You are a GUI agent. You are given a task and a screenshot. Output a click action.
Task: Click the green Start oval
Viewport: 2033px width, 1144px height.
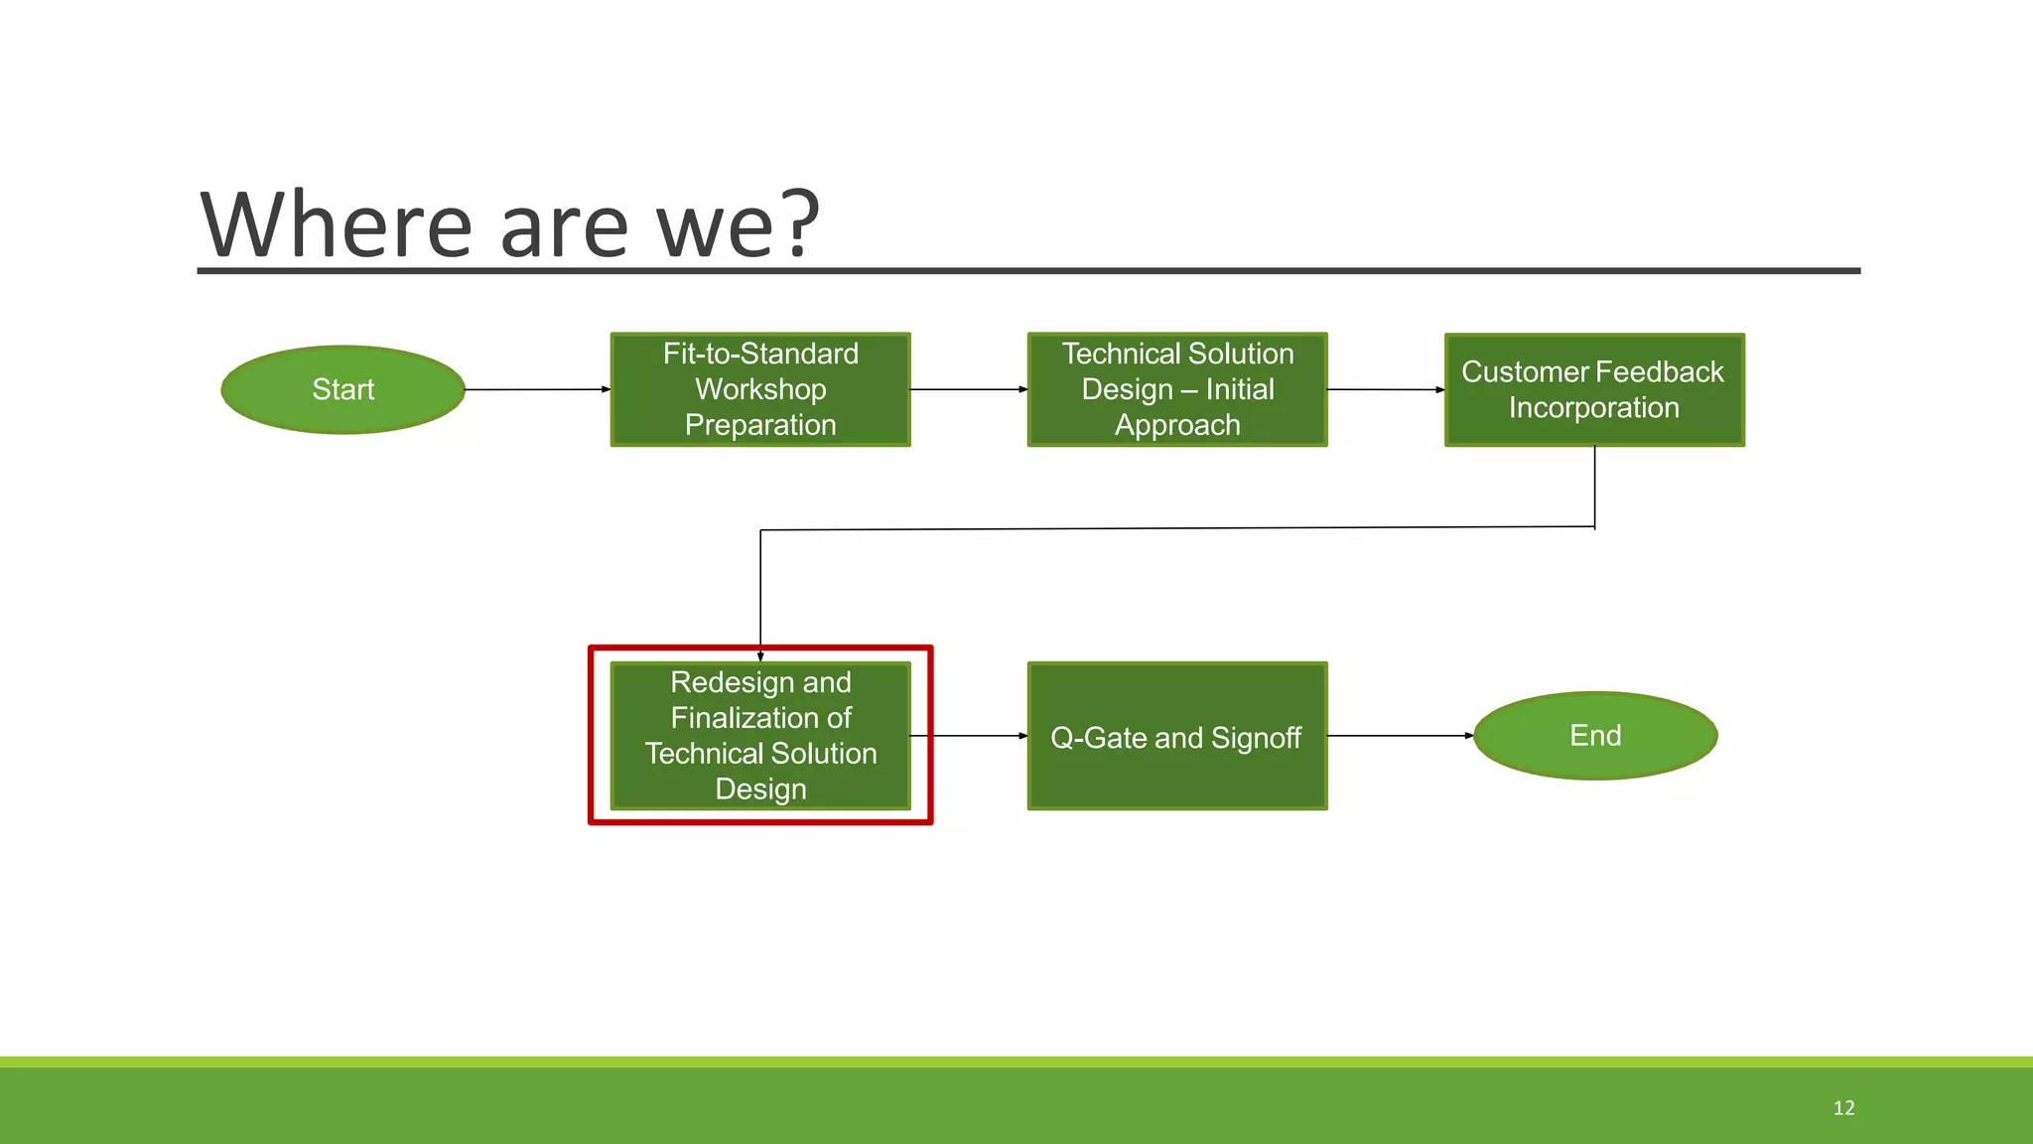[x=342, y=389]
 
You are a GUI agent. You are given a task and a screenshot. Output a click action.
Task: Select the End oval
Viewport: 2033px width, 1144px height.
[x=1595, y=736]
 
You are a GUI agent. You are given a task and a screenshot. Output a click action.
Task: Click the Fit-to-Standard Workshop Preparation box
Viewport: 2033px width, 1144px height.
[x=760, y=389]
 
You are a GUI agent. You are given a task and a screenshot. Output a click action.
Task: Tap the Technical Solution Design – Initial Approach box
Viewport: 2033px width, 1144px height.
[x=1177, y=389]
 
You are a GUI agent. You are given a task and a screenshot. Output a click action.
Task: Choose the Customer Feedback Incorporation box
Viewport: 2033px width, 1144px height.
[x=1594, y=389]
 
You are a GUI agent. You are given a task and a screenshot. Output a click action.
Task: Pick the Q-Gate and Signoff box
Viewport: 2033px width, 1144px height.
[x=1177, y=737]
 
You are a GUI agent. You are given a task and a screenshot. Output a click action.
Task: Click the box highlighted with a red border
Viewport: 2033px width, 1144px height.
[x=760, y=736]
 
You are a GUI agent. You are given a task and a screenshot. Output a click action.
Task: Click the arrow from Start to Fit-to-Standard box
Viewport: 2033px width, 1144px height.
[x=537, y=389]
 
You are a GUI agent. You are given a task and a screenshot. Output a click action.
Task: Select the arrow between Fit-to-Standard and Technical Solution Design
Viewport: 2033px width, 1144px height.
[x=968, y=389]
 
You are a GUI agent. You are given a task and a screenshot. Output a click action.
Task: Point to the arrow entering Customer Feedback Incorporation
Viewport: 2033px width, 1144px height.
[x=1386, y=389]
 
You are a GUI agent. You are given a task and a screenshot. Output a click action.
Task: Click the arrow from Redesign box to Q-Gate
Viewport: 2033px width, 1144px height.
[x=969, y=736]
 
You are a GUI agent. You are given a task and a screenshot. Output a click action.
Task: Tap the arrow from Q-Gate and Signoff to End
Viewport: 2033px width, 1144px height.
[x=1400, y=736]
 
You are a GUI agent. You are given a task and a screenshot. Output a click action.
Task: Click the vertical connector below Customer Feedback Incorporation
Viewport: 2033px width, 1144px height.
[x=1594, y=487]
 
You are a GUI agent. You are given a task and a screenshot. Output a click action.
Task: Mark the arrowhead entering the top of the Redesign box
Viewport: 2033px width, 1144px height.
[x=760, y=656]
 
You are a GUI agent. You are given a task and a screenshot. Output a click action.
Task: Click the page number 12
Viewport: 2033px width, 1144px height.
[x=1843, y=1108]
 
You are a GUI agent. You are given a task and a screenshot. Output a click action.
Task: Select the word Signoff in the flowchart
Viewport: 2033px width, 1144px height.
[x=1256, y=738]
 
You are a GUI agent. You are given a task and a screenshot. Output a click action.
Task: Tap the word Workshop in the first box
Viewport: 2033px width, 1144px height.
[x=760, y=389]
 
